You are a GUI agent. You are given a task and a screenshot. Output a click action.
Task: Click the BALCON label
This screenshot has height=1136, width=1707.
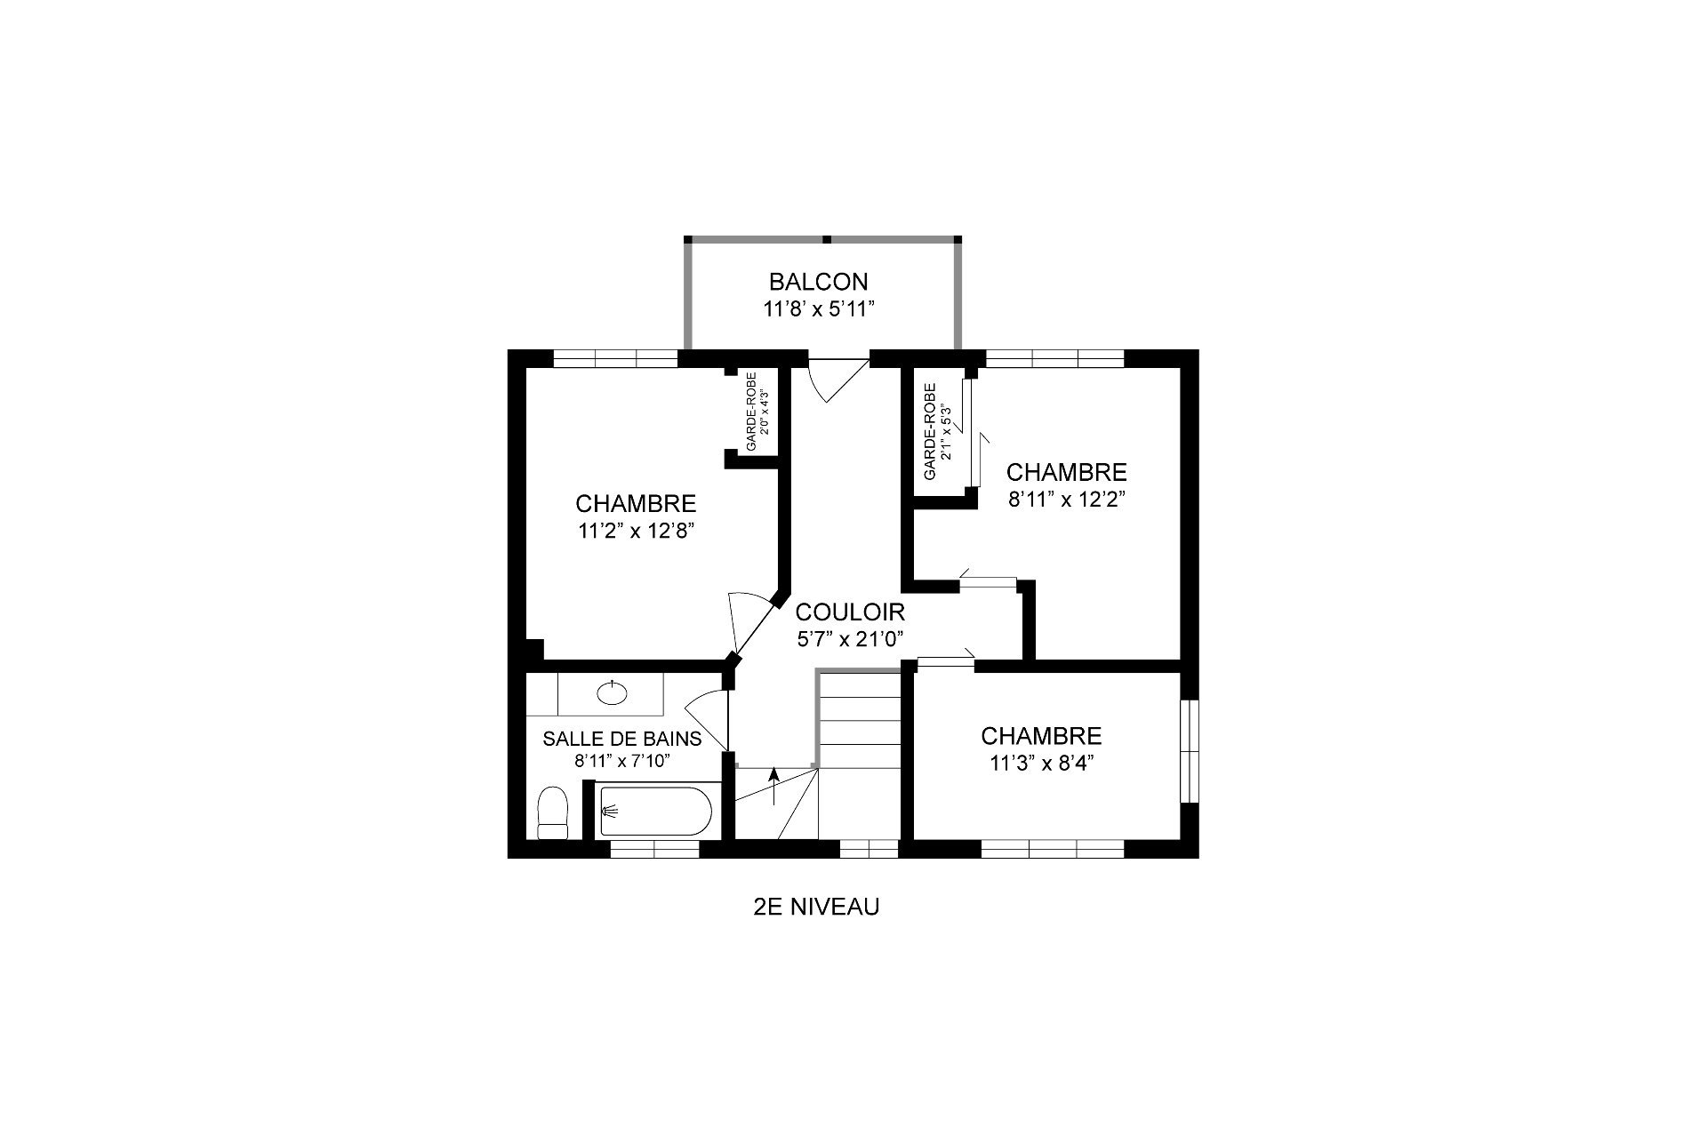click(x=818, y=282)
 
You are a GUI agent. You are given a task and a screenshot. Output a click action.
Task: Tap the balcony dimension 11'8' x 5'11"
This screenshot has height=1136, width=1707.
click(x=818, y=308)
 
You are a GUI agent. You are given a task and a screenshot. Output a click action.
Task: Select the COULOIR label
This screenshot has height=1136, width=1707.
click(x=850, y=612)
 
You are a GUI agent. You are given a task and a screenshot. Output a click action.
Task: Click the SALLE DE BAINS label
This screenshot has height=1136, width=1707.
click(x=622, y=739)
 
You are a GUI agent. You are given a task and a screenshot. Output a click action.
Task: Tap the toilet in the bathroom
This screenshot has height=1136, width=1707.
click(x=553, y=812)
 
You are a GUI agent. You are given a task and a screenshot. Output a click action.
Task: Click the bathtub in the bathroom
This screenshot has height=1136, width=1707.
click(x=656, y=811)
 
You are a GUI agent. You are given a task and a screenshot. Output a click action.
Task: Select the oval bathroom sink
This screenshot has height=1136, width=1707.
click(x=611, y=692)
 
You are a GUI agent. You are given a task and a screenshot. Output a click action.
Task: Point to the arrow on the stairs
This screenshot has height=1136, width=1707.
click(x=773, y=786)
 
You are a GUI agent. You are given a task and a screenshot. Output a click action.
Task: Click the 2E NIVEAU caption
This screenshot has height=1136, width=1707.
click(x=816, y=908)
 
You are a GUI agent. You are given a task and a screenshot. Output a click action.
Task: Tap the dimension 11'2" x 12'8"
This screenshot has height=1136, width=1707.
click(x=636, y=532)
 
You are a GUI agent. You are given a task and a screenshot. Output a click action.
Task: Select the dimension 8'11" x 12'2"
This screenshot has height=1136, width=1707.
click(x=1067, y=499)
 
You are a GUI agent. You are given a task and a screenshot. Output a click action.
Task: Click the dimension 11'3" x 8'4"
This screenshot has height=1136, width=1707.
click(x=1041, y=763)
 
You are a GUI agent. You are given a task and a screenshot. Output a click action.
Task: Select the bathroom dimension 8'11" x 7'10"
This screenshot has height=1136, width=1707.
click(x=622, y=761)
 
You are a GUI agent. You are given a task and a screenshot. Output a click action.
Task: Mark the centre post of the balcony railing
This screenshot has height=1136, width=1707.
click(x=826, y=239)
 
